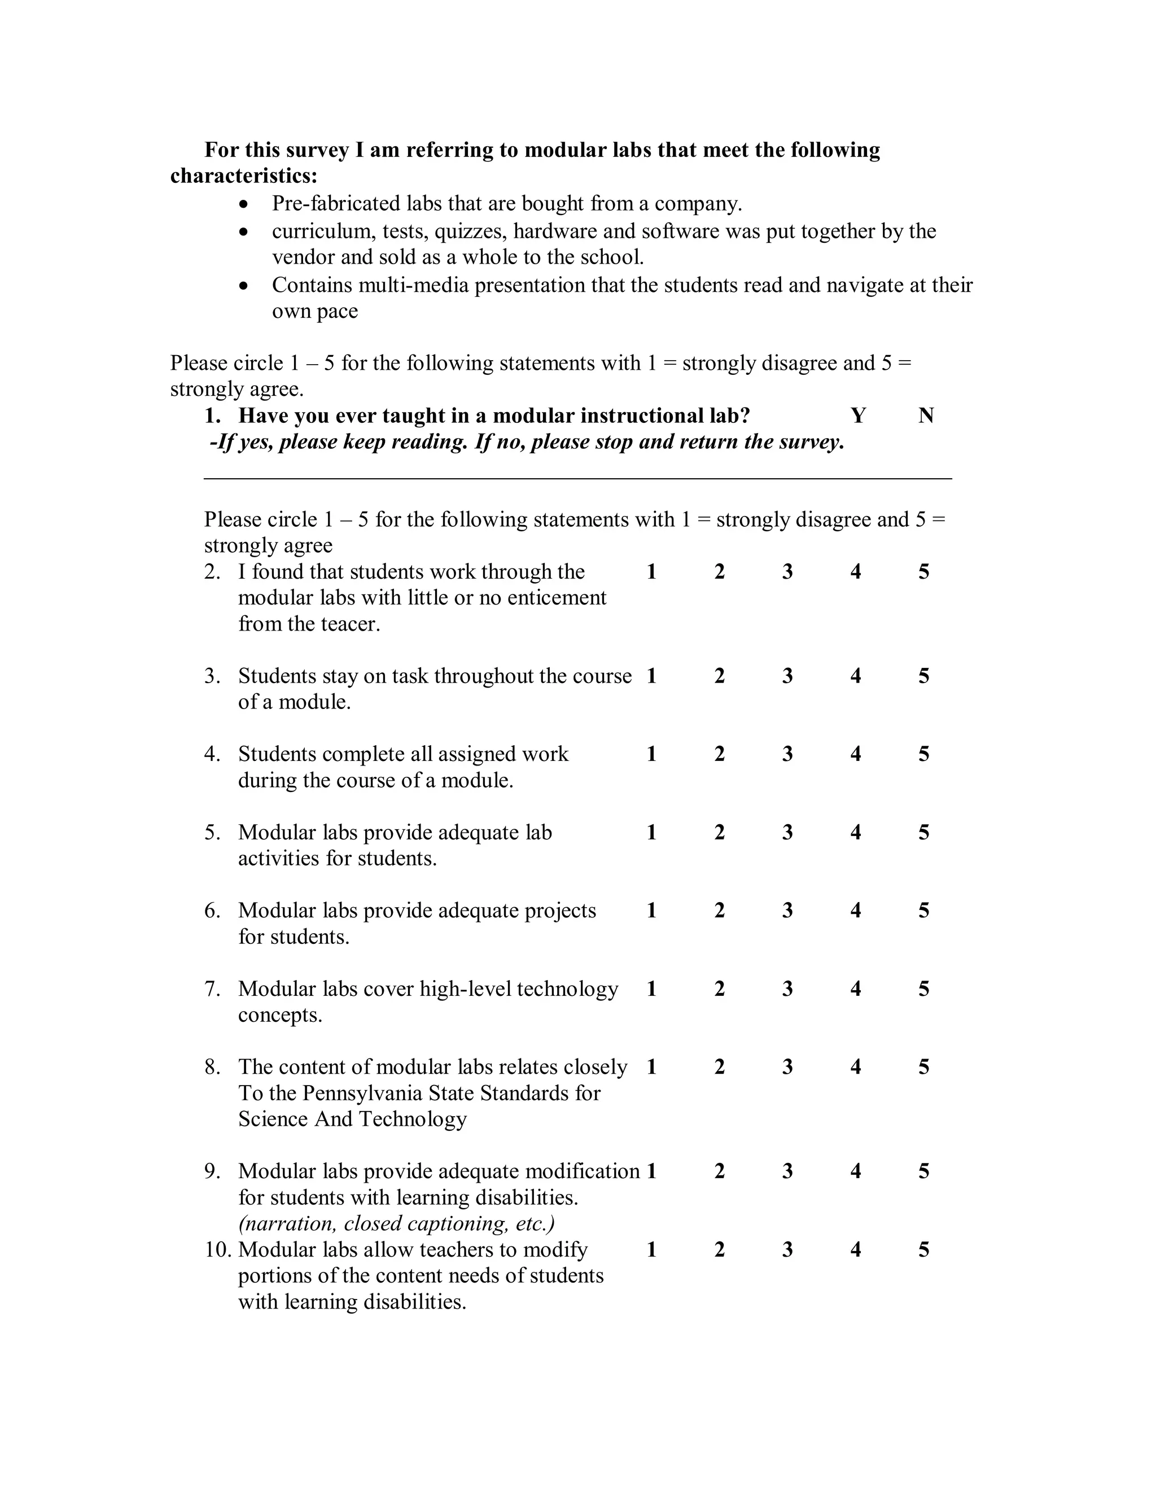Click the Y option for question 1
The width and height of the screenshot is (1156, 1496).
858,416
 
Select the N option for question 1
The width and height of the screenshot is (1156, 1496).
926,416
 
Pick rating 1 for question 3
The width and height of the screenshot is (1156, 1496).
651,676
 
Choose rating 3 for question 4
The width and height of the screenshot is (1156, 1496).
787,754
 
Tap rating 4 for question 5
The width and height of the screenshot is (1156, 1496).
855,832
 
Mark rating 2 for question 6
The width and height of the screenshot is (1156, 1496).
719,911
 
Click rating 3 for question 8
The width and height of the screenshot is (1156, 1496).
787,1066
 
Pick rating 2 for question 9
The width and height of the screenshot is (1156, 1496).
719,1171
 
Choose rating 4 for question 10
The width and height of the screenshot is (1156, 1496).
855,1249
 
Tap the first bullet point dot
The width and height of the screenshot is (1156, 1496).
244,205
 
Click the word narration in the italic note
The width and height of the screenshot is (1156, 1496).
286,1223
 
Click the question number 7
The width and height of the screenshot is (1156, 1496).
212,989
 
